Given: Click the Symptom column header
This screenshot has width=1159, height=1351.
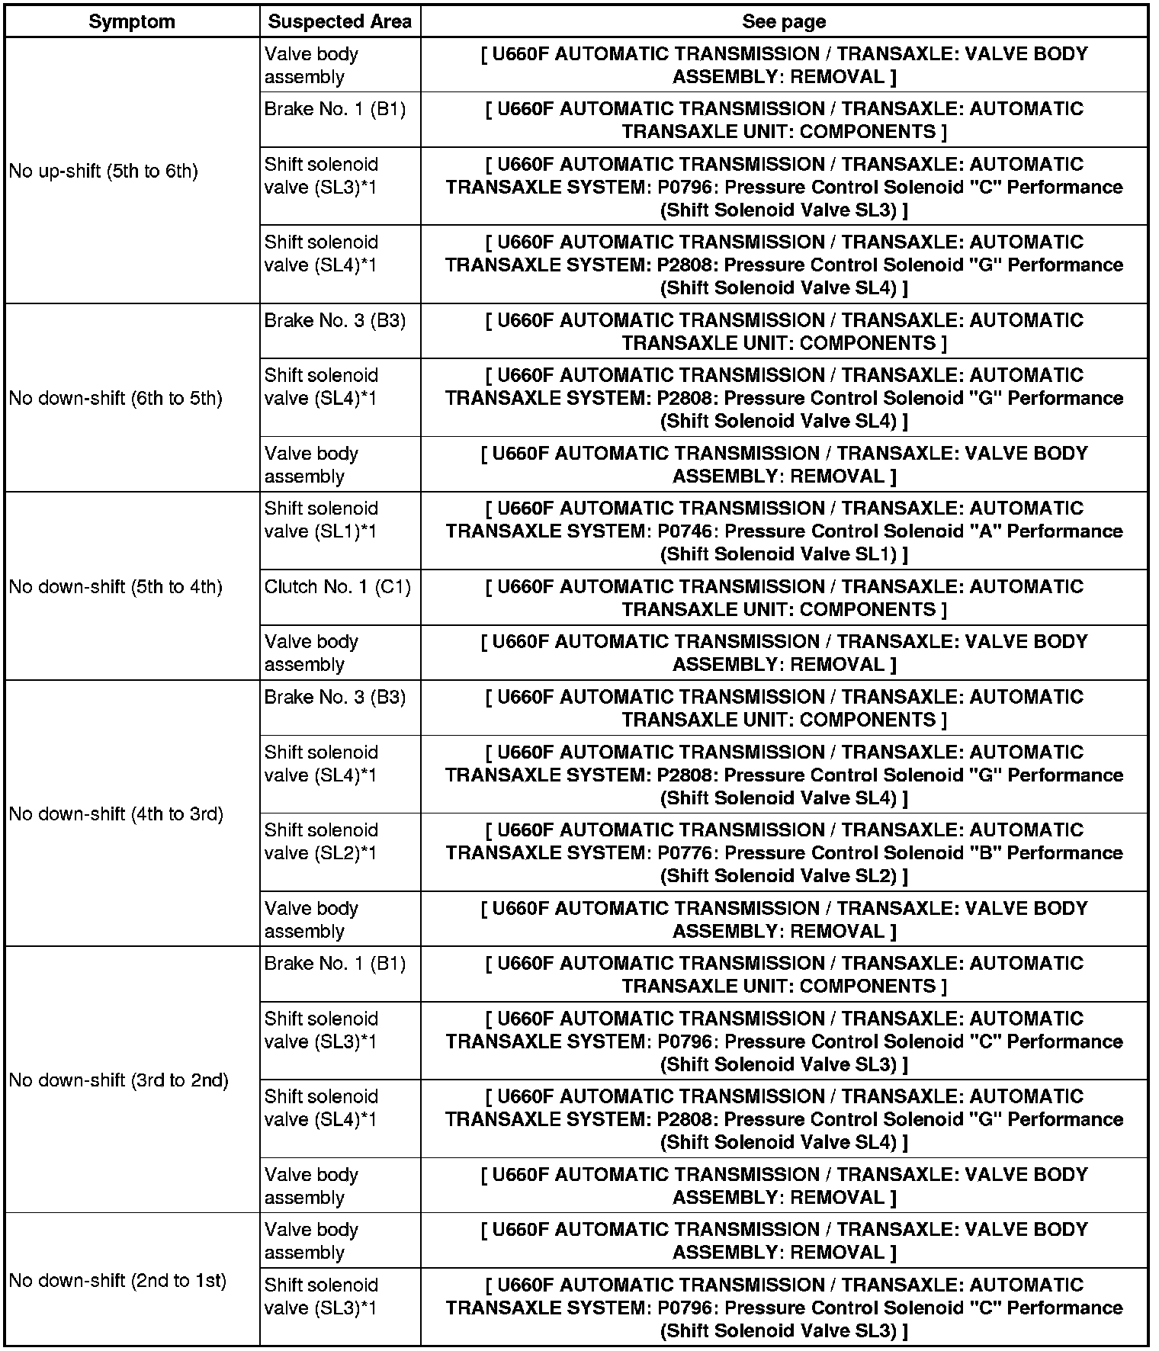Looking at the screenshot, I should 132,21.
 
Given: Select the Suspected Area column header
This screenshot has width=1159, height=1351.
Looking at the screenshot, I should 339,21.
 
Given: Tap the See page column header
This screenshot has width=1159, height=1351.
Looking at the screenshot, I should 784,21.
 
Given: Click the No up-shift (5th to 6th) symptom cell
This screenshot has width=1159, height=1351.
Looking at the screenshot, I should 104,171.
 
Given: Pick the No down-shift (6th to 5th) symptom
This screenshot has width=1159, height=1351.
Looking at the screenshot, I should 116,398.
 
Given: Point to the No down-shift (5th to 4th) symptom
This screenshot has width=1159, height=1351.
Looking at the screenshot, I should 116,587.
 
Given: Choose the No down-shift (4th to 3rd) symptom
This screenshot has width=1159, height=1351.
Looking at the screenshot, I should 116,813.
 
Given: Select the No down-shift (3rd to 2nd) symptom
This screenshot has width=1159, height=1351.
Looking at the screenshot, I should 119,1080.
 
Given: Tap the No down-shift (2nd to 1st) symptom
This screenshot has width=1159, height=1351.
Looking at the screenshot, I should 117,1280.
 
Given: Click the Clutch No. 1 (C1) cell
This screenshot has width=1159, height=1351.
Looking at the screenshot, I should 338,587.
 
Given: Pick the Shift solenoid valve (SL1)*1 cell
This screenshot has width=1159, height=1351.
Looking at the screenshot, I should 321,520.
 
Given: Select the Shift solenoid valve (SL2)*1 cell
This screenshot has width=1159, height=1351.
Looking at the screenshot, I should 321,842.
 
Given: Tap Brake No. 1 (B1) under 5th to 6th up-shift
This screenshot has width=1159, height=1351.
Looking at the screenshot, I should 335,109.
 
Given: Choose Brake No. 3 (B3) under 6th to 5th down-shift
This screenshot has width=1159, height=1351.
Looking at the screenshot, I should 335,320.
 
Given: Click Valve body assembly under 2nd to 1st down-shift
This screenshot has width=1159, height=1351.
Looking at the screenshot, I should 311,1240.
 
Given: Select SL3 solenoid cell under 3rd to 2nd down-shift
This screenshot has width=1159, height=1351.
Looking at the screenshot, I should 321,1030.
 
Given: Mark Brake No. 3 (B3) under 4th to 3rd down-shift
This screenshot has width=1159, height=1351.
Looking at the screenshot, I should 335,697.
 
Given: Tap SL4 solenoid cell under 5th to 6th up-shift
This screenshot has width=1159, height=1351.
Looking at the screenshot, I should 321,253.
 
